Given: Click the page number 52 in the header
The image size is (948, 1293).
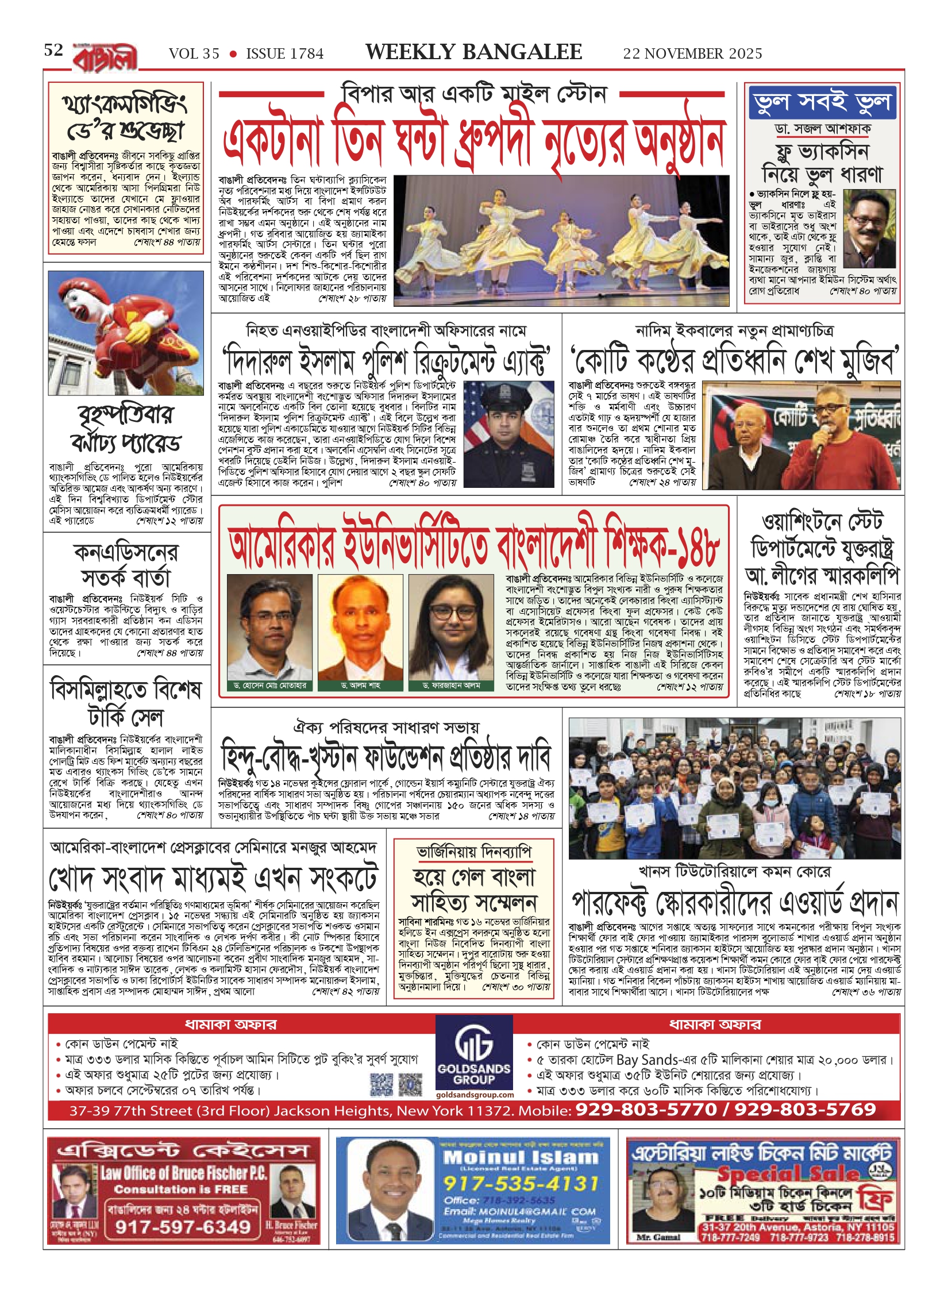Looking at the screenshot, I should click(x=53, y=51).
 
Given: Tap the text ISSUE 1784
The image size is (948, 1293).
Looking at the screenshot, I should click(x=284, y=54).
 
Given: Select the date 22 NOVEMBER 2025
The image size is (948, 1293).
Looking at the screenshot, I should click(x=692, y=53).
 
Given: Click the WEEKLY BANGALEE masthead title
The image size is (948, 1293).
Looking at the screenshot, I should click(x=473, y=52).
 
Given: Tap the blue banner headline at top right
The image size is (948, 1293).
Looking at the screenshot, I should click(x=823, y=102).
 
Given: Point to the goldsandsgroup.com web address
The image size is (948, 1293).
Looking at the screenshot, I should click(x=475, y=1095).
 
